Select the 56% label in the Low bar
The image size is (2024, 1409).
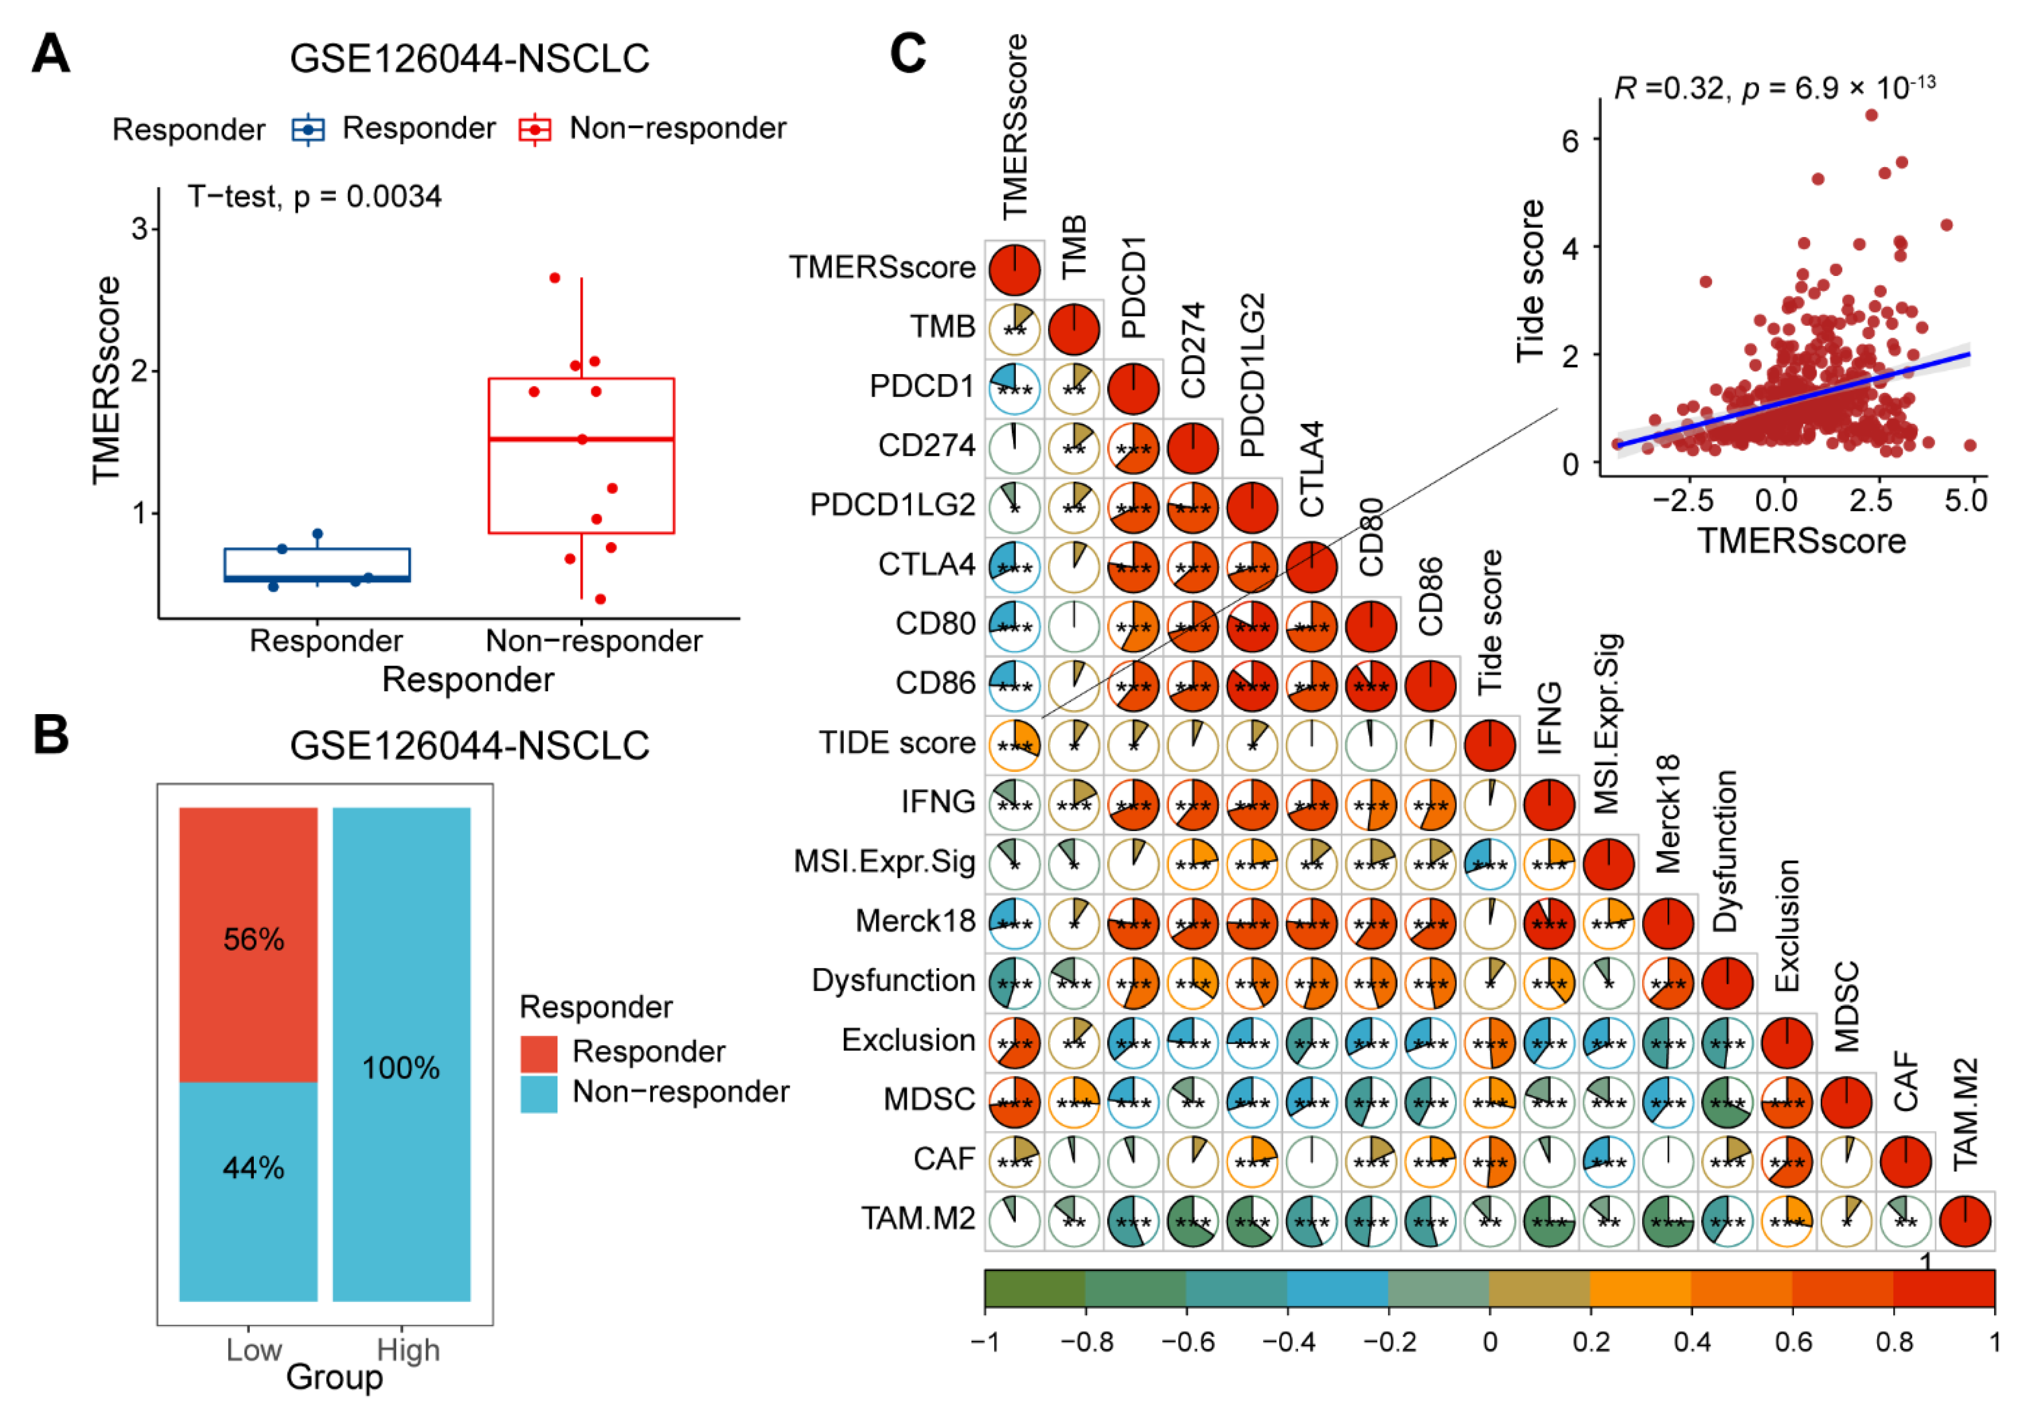254,940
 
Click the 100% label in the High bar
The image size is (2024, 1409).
401,1068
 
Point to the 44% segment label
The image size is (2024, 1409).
254,1168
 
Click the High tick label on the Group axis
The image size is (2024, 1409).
408,1350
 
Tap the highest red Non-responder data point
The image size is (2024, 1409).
554,278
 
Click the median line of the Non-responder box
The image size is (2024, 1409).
582,438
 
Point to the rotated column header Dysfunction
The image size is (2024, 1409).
1725,851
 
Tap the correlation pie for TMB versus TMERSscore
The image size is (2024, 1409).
1015,329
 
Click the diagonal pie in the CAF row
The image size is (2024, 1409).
1905,1161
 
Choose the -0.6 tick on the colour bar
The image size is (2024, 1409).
1187,1341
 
